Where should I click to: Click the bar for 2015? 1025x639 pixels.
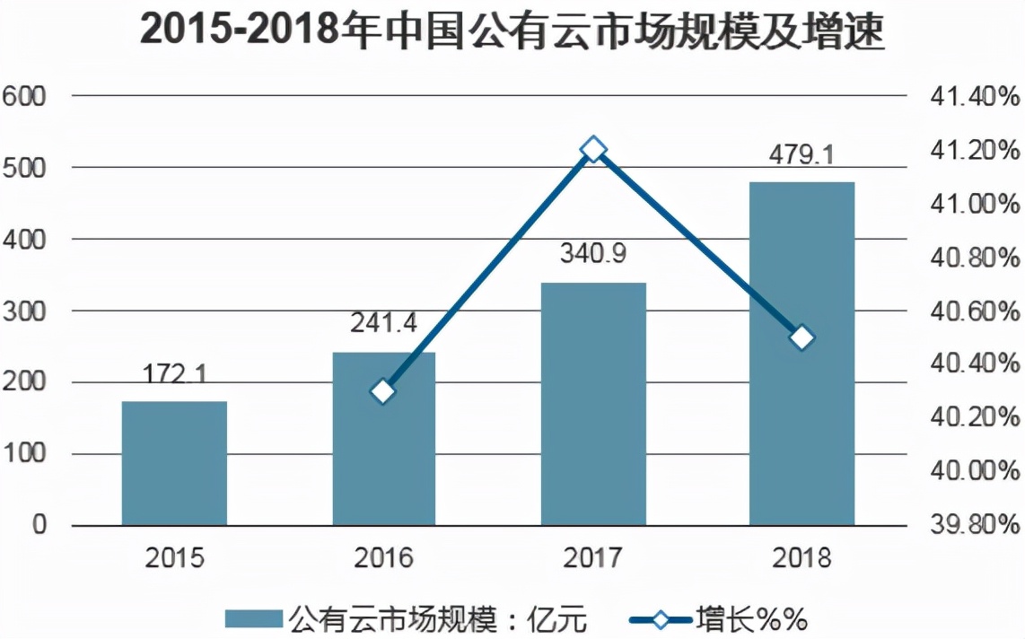click(174, 463)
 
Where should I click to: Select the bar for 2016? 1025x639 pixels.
click(384, 439)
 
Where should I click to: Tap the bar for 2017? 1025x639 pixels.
click(593, 404)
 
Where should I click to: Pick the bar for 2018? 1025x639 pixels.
click(802, 354)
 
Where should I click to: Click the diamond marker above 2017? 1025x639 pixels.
click(593, 149)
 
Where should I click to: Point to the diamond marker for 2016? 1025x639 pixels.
click(383, 392)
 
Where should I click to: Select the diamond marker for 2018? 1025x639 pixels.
click(802, 338)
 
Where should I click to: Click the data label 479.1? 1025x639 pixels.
click(802, 155)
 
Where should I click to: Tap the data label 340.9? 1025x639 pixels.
click(593, 254)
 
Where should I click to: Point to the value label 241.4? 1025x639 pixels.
click(384, 323)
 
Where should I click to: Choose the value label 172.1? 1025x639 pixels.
click(175, 372)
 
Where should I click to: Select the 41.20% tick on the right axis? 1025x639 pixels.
click(975, 150)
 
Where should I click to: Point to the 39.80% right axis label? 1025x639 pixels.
click(975, 525)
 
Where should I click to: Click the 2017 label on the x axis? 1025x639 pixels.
click(593, 558)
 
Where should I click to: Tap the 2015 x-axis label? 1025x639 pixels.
click(175, 558)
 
